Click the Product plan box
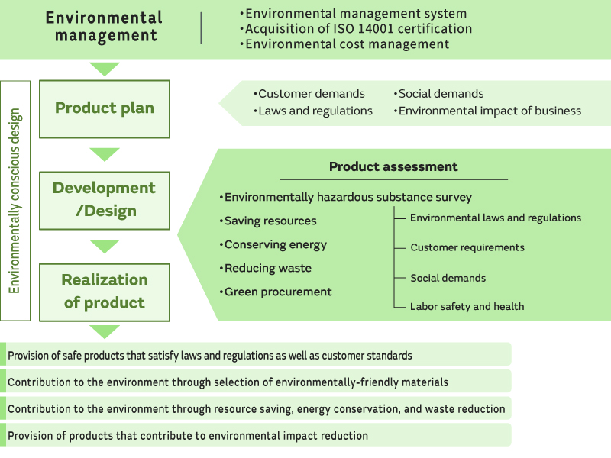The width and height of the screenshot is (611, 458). [x=105, y=108]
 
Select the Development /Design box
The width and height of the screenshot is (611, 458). [x=105, y=200]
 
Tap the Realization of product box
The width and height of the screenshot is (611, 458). [x=105, y=292]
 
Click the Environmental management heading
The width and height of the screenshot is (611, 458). [x=104, y=27]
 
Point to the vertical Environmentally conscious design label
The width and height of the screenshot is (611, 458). [x=15, y=201]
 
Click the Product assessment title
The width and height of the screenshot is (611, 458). [x=393, y=166]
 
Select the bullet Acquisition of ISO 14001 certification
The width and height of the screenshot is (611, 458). [x=357, y=29]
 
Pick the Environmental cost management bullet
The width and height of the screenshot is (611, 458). [x=346, y=44]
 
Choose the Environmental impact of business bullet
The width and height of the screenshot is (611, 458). [x=489, y=111]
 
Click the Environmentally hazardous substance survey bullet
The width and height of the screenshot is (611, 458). [x=348, y=197]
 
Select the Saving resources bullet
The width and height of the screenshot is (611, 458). [x=270, y=221]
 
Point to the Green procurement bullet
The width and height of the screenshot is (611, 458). [x=277, y=292]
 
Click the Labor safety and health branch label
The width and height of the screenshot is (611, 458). [x=467, y=306]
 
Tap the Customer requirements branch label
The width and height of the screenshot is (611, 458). [x=467, y=247]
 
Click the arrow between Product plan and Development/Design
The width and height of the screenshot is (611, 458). [x=105, y=154]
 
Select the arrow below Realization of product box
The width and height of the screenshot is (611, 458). [x=105, y=331]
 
